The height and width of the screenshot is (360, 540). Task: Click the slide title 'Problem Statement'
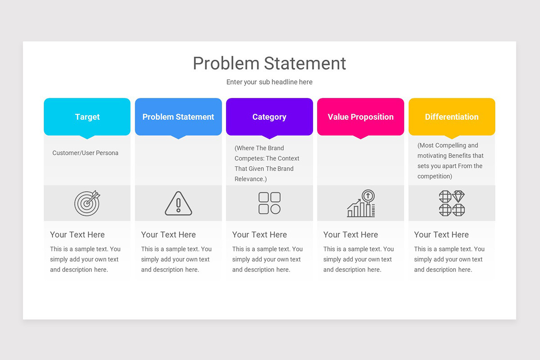[x=269, y=63]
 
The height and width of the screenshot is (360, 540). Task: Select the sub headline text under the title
[x=269, y=82]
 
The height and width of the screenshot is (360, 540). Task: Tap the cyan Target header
[x=87, y=117]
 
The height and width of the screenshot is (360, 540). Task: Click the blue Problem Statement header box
[x=178, y=117]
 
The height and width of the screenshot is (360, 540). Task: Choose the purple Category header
[x=269, y=117]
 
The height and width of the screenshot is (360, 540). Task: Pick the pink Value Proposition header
[x=360, y=117]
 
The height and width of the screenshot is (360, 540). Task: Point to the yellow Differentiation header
[x=451, y=117]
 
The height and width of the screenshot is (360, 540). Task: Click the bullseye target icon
[x=87, y=203]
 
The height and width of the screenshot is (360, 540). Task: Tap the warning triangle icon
[x=178, y=203]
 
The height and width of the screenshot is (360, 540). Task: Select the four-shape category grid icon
[x=269, y=203]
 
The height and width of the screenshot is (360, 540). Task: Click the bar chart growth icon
[x=361, y=203]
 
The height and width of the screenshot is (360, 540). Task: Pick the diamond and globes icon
[x=451, y=203]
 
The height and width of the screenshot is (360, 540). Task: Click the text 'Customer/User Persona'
[x=85, y=153]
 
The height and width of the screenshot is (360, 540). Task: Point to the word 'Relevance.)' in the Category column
[x=251, y=179]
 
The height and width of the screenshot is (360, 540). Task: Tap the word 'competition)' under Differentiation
[x=435, y=176]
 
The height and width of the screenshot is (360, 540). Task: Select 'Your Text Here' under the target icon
[x=77, y=234]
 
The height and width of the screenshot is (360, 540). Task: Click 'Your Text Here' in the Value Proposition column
[x=351, y=234]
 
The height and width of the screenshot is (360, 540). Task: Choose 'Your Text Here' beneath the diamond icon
[x=441, y=234]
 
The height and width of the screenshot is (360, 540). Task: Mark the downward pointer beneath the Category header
[x=269, y=137]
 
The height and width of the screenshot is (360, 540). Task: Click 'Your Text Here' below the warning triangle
[x=168, y=234]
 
